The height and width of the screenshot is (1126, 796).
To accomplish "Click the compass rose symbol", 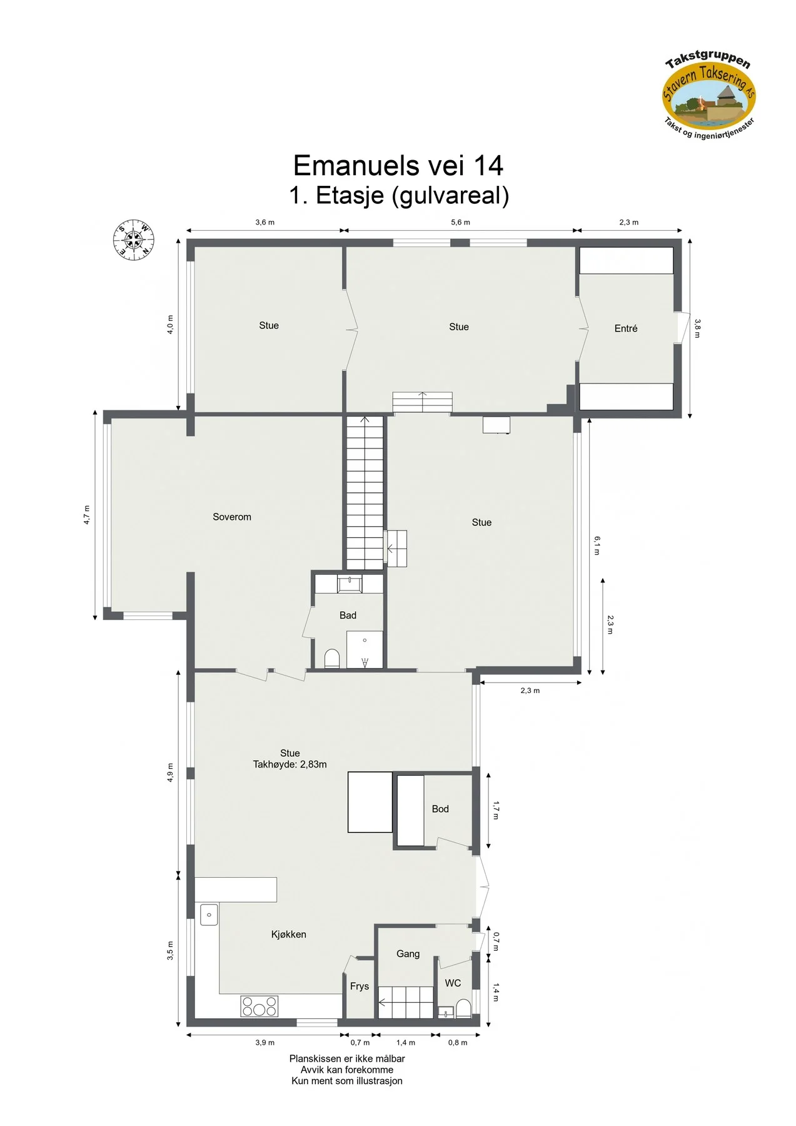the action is pyautogui.click(x=134, y=240).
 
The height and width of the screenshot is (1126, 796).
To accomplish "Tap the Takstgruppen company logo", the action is pyautogui.click(x=709, y=94).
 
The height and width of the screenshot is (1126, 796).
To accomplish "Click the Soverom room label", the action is pyautogui.click(x=232, y=517).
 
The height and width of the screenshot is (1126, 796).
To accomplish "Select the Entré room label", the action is pyautogui.click(x=626, y=328).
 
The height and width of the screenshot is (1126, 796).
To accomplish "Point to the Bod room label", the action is pyautogui.click(x=440, y=809).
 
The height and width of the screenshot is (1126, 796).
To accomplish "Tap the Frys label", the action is pyautogui.click(x=360, y=986).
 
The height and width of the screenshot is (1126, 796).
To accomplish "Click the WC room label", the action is pyautogui.click(x=453, y=983).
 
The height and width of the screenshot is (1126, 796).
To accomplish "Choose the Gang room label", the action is pyautogui.click(x=408, y=954).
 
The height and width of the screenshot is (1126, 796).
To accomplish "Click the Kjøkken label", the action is pyautogui.click(x=289, y=934).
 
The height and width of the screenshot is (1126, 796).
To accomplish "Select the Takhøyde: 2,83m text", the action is pyautogui.click(x=290, y=764).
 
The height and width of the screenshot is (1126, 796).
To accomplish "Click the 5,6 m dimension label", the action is pyautogui.click(x=460, y=222).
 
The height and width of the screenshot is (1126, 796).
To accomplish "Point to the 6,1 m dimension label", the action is pyautogui.click(x=597, y=545).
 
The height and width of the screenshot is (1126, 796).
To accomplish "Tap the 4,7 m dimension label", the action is pyautogui.click(x=87, y=515).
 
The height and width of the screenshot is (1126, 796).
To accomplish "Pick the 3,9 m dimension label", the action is pyautogui.click(x=264, y=1042).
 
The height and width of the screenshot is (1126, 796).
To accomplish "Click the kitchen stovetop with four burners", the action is pyautogui.click(x=259, y=1006).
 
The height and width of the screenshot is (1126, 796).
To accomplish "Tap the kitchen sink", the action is pyautogui.click(x=209, y=915).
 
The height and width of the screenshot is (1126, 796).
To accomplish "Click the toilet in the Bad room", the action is pyautogui.click(x=332, y=659).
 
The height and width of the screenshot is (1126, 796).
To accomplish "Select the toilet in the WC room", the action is pyautogui.click(x=463, y=1008).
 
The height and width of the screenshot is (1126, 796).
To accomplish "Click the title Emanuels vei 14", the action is pyautogui.click(x=398, y=166).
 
